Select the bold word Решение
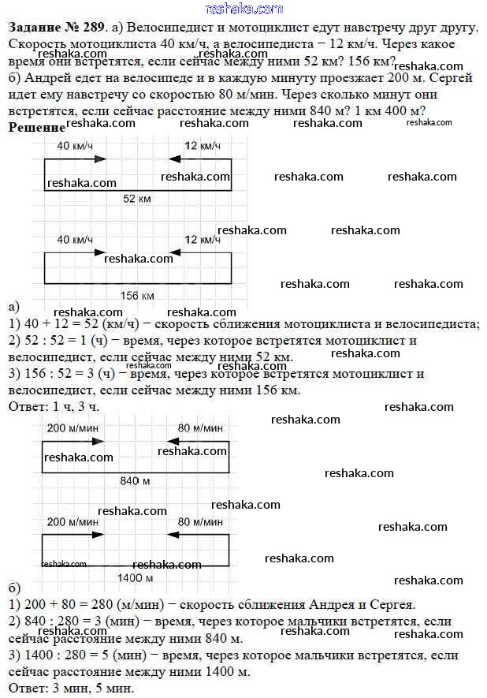click(x=35, y=128)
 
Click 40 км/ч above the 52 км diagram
click(x=75, y=147)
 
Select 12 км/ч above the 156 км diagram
click(x=201, y=240)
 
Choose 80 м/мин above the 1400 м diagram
click(x=200, y=522)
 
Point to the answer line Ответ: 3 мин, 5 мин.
click(x=65, y=688)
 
